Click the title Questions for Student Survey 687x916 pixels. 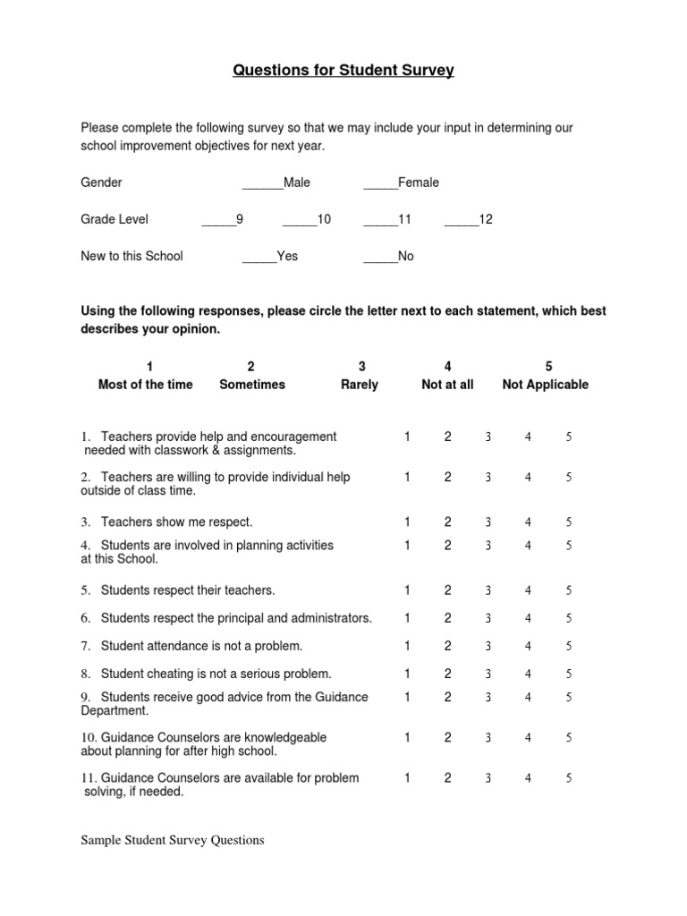point(343,70)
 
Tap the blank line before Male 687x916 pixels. point(262,184)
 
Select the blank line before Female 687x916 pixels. point(380,184)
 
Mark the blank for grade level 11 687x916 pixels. point(380,221)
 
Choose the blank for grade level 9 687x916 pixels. point(218,221)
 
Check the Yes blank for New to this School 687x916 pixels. point(259,258)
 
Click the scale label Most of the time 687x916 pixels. point(145,385)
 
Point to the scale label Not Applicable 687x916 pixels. point(546,385)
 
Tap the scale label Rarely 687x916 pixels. point(360,385)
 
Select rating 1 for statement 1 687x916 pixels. point(407,437)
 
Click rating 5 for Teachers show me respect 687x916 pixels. point(568,522)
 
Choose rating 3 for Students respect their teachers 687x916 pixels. point(488,591)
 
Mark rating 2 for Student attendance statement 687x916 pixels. point(447,646)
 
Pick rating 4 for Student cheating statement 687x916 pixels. point(528,674)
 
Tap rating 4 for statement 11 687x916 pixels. point(528,778)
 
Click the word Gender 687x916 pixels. point(101,182)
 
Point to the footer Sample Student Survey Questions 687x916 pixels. point(173,840)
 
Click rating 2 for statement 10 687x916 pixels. point(447,738)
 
